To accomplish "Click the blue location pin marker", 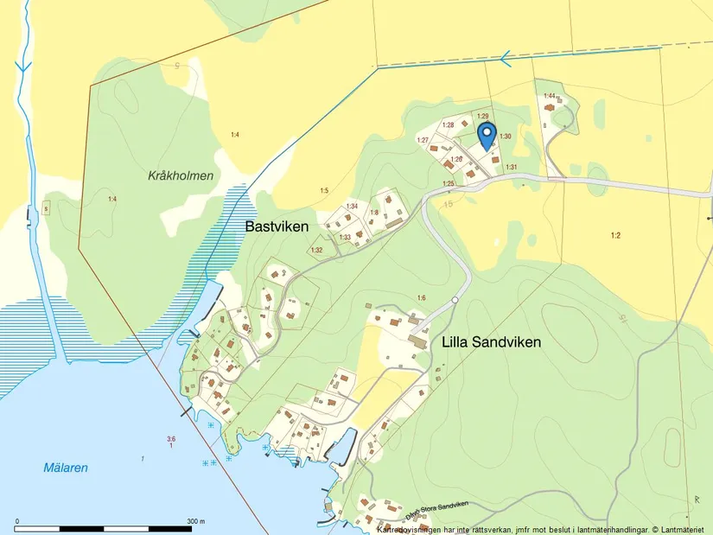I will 487,135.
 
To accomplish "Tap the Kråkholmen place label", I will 180,175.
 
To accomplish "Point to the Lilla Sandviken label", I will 491,341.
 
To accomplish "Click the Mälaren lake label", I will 66,468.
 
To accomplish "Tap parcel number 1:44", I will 548,95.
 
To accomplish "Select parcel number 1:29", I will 483,116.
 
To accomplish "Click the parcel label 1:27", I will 423,140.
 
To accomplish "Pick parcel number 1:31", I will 511,167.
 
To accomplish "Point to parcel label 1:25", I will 448,183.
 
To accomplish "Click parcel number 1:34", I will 352,206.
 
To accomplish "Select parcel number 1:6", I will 421,298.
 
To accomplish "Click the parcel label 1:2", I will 615,235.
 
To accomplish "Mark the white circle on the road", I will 455,300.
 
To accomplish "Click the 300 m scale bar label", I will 195,521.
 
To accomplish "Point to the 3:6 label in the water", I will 171,439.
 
